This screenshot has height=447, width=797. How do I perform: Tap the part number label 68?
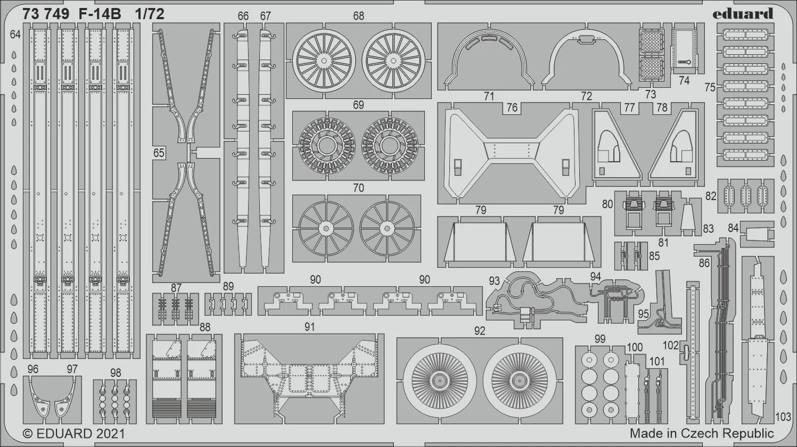(358, 16)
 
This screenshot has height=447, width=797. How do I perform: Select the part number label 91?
(309, 327)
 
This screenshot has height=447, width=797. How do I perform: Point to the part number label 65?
(159, 153)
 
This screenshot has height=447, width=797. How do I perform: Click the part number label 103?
(783, 417)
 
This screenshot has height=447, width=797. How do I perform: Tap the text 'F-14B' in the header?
(100, 14)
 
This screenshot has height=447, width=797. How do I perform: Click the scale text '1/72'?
(150, 14)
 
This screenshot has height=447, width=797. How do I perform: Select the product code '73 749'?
(45, 14)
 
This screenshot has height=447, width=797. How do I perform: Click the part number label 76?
(512, 107)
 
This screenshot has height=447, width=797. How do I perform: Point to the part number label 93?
(494, 281)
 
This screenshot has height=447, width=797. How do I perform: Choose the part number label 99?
(600, 339)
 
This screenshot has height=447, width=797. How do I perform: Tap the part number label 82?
(711, 196)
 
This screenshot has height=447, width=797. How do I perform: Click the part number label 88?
(205, 327)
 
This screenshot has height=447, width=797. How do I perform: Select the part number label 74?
(684, 81)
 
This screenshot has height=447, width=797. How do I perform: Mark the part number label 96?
(32, 369)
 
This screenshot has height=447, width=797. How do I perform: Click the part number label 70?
(358, 188)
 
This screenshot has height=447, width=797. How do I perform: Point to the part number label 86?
(704, 263)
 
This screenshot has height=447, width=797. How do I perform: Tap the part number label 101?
(657, 361)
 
